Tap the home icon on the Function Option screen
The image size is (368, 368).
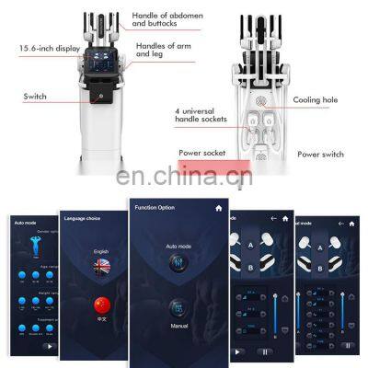coord(217,208)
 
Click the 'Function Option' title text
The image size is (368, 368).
coord(154,208)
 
